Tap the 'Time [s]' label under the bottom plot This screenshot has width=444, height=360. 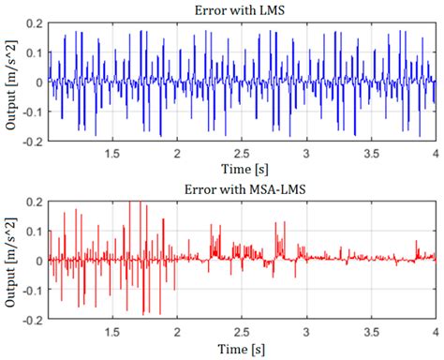242,351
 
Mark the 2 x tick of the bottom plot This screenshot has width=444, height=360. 177,333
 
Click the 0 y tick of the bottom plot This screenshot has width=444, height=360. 37,260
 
